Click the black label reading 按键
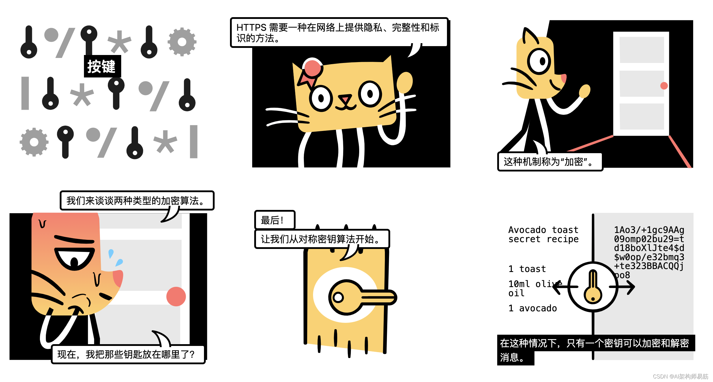coord(102,66)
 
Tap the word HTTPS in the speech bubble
coord(251,27)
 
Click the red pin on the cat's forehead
coord(312,68)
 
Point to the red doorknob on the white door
coord(664,86)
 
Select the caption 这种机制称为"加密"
coord(550,162)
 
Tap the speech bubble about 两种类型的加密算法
coord(137,200)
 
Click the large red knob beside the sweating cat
coord(176,296)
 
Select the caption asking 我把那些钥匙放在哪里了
coord(128,354)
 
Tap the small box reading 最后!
coord(275,220)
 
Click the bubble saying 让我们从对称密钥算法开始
coord(322,239)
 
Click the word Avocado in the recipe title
coord(527,230)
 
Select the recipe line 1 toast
coord(527,269)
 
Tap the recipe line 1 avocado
coord(533,308)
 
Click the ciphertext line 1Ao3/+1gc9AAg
coord(649,230)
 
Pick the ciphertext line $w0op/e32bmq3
coord(649,257)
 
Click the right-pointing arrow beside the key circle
coord(622,287)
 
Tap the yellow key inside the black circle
coord(593,287)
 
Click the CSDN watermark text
coord(680,376)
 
